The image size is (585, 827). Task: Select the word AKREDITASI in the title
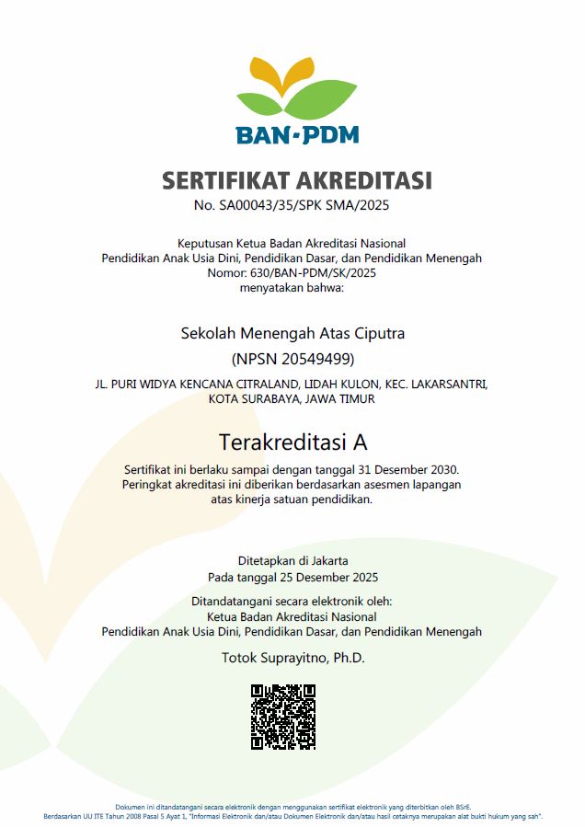[x=363, y=180]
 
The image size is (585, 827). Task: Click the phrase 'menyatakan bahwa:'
[x=292, y=288]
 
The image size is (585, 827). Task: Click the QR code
[x=283, y=717]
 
